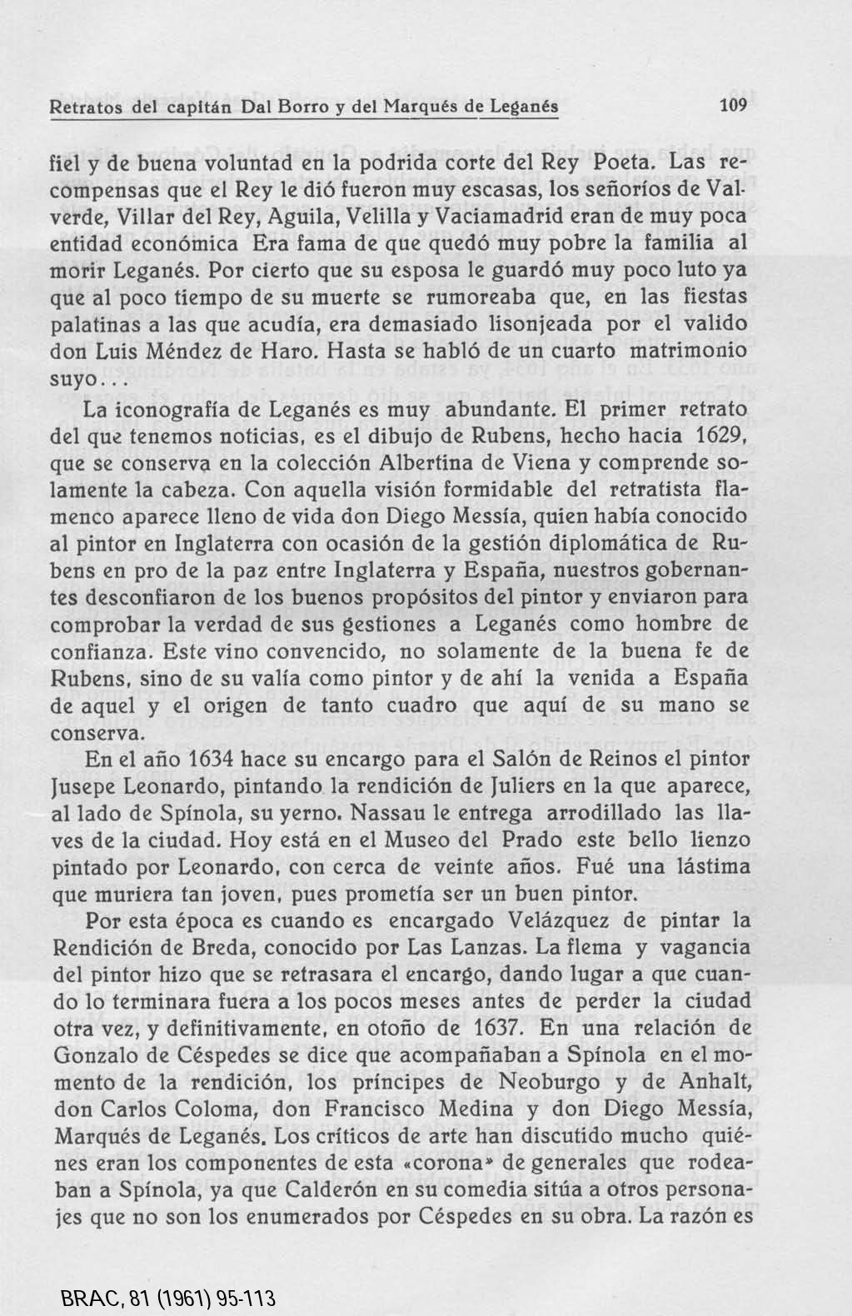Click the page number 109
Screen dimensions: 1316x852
[735, 106]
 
